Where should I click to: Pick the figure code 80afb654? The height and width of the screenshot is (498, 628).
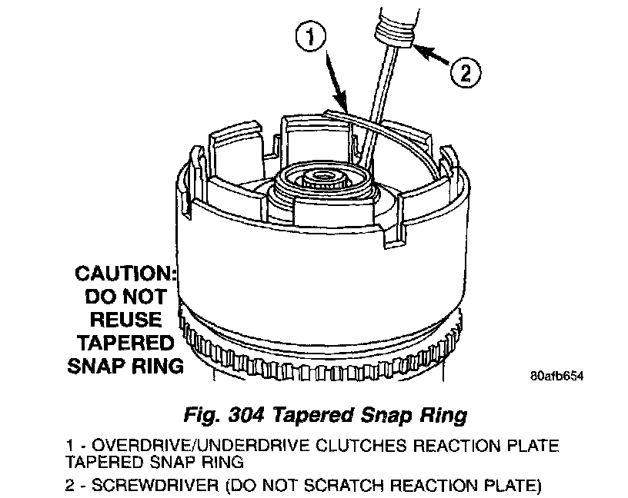coord(556,377)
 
